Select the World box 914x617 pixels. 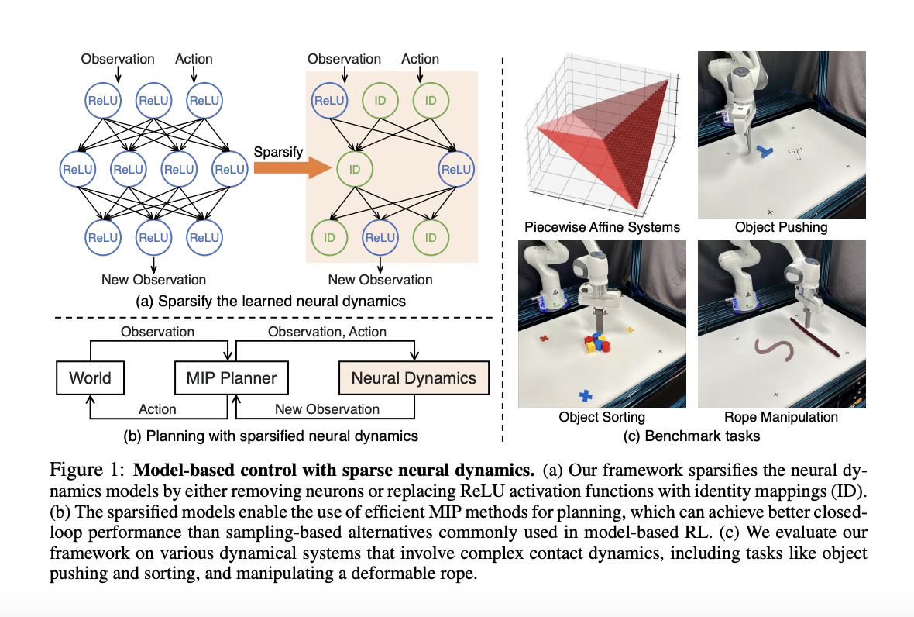[90, 378]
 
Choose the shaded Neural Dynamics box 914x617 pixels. [414, 378]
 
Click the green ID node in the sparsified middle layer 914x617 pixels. [356, 168]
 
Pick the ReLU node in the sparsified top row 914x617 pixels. [329, 100]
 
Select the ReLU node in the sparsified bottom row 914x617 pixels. [380, 237]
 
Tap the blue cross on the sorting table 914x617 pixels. [586, 395]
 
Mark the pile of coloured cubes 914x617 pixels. [597, 342]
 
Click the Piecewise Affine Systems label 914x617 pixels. [602, 227]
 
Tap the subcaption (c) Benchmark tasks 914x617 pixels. [692, 436]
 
